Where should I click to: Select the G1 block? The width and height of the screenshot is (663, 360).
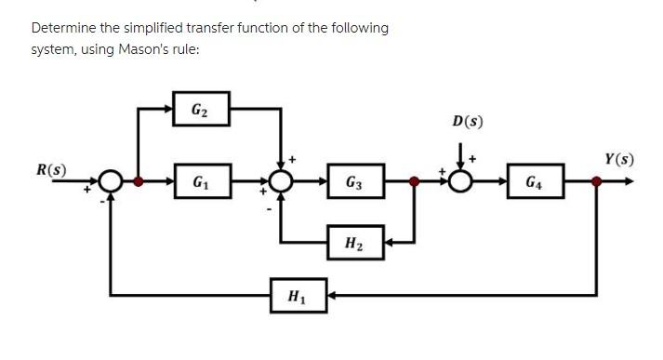tap(200, 180)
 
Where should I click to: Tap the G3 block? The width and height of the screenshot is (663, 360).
tap(354, 180)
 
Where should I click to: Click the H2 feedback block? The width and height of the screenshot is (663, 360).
tap(354, 244)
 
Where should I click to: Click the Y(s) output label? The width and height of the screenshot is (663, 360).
tap(618, 159)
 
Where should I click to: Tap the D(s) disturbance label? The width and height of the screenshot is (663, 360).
tap(468, 121)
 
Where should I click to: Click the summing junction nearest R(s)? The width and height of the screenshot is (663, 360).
tap(112, 180)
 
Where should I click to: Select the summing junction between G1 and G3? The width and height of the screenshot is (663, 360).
tap(282, 180)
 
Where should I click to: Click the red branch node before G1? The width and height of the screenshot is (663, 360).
tap(139, 180)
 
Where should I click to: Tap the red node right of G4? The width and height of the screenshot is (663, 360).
tap(596, 180)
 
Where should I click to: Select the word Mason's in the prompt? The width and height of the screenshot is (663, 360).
tap(144, 48)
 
